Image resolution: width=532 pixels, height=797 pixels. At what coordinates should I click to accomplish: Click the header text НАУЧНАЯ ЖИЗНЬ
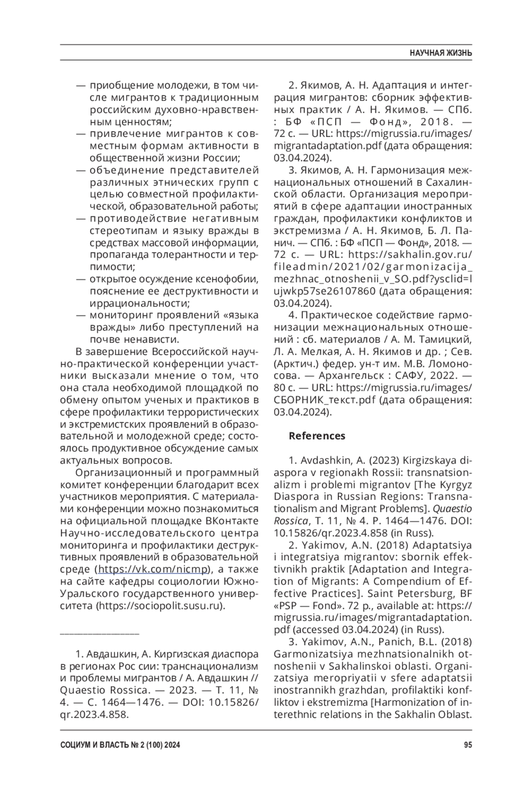[440, 53]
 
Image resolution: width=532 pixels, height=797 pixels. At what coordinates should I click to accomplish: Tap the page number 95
[468, 745]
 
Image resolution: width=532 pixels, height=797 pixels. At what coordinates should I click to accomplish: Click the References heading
[317, 436]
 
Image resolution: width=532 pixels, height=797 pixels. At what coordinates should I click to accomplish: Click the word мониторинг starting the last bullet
[117, 315]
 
